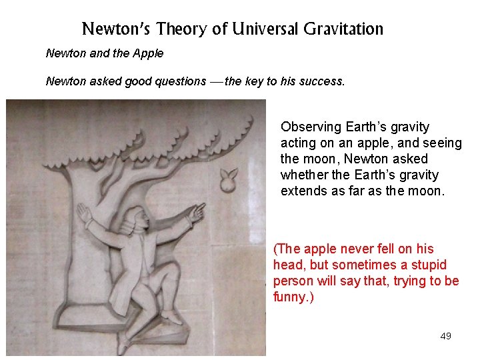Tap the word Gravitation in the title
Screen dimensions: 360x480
(x=343, y=29)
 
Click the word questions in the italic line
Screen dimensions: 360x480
(x=181, y=81)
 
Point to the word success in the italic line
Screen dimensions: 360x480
(x=323, y=81)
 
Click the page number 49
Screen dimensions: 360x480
(x=445, y=336)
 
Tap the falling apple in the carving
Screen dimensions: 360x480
(x=229, y=179)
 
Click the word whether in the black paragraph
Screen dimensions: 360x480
(x=303, y=175)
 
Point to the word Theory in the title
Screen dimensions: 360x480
(x=177, y=29)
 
